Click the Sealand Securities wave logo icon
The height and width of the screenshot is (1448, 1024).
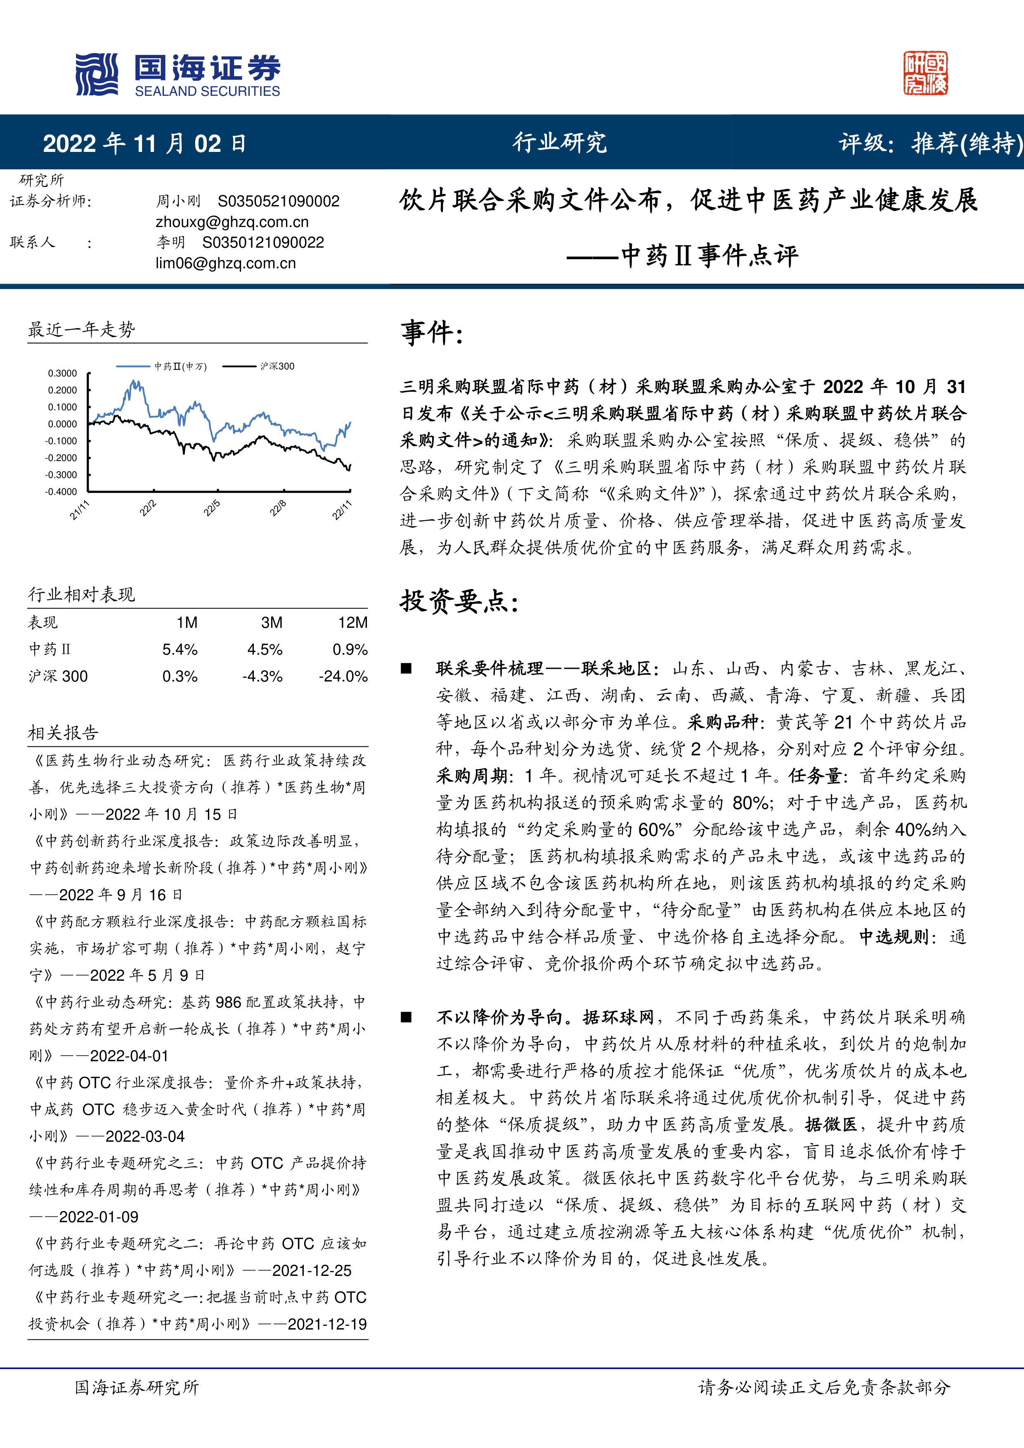click(x=97, y=74)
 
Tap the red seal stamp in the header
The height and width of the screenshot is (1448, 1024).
click(x=925, y=73)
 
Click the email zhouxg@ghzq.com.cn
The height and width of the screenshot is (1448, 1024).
click(x=232, y=222)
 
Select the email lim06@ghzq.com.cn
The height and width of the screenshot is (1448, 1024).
click(x=226, y=263)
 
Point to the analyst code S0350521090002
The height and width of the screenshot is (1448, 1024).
click(x=279, y=201)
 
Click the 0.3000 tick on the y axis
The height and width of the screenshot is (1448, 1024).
click(x=62, y=374)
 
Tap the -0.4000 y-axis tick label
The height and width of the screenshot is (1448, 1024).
click(x=61, y=492)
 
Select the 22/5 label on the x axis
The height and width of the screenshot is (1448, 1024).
click(x=212, y=508)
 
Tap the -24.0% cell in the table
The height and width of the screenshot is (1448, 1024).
click(x=343, y=677)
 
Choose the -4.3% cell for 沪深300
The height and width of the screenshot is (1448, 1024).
click(x=263, y=677)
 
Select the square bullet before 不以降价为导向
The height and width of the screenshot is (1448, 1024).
click(x=407, y=1017)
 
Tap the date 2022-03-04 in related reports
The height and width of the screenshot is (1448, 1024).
click(x=145, y=1136)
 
